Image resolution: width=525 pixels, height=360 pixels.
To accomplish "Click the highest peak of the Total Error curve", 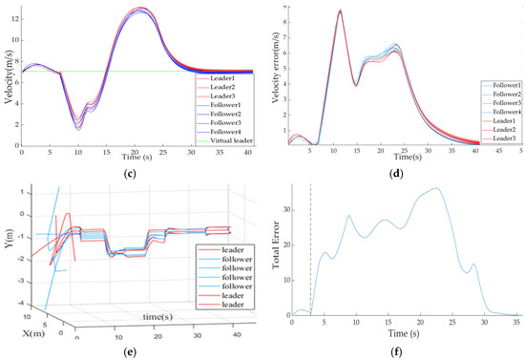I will [x=437, y=188].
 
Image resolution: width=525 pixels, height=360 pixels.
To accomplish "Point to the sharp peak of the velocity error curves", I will [x=340, y=11].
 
